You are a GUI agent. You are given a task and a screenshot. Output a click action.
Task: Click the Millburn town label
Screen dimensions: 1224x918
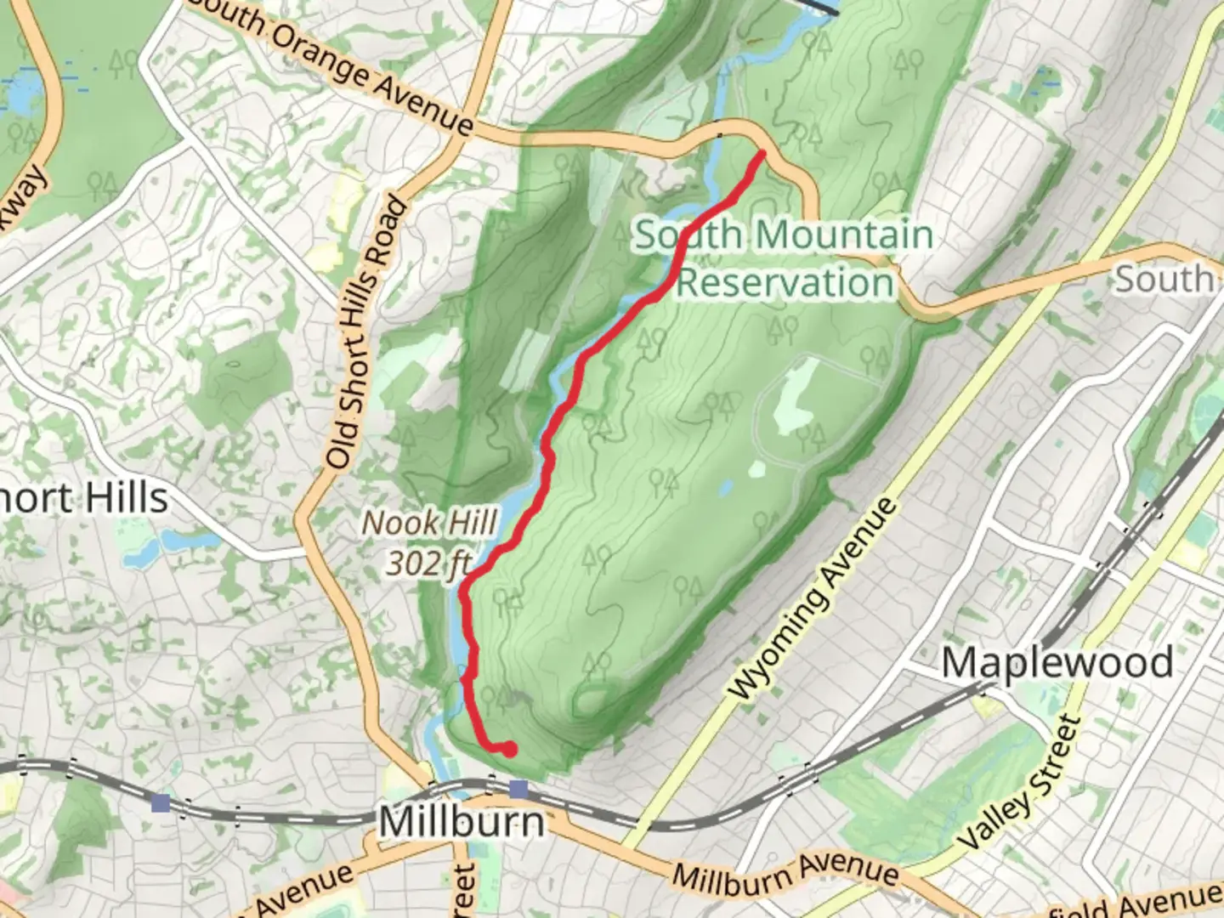point(462,822)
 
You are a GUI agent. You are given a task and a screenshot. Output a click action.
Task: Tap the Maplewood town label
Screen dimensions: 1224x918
point(1057,663)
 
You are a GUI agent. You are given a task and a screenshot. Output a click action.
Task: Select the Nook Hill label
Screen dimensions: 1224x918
point(429,523)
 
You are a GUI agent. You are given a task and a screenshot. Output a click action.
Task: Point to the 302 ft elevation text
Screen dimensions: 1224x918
point(429,563)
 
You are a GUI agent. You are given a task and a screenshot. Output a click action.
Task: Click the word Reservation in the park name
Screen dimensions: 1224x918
point(785,282)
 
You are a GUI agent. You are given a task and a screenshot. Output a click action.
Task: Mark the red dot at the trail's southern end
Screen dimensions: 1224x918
point(508,749)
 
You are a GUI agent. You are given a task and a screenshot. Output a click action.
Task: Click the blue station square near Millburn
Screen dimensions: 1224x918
point(518,790)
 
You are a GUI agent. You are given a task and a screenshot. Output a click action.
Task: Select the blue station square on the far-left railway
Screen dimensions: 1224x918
point(161,802)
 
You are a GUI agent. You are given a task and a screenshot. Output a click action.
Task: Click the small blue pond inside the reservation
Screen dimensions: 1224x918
point(725,488)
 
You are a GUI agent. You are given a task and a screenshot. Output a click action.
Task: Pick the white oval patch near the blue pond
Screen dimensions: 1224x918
point(756,468)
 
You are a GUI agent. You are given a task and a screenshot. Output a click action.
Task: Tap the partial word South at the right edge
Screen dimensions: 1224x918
point(1164,279)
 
